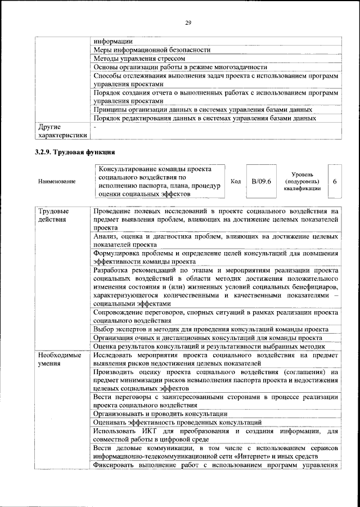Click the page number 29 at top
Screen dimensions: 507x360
point(188,23)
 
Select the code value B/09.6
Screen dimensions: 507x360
point(262,181)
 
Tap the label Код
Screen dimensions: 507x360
point(236,182)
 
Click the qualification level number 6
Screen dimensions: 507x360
point(335,182)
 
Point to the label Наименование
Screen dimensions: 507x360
point(57,182)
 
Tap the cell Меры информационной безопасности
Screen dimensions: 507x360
point(151,50)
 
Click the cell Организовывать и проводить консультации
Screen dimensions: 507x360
point(160,414)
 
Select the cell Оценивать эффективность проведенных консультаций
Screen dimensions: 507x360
point(177,422)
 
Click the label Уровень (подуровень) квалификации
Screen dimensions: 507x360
point(307,182)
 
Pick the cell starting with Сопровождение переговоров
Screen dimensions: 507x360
point(216,316)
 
